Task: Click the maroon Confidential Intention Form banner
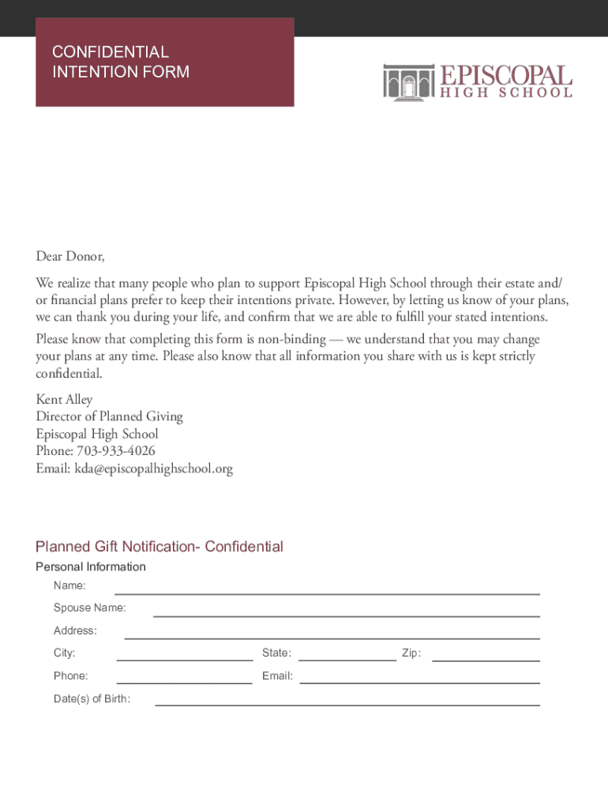(x=164, y=62)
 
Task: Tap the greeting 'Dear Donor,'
(x=70, y=257)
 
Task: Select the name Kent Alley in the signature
(x=64, y=400)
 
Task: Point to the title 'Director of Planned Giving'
(x=109, y=416)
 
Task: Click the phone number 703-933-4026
(x=115, y=451)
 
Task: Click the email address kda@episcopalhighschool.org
(x=154, y=468)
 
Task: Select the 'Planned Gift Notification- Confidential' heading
(x=159, y=547)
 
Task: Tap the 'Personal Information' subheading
(x=91, y=566)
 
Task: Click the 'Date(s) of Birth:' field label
(x=92, y=698)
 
